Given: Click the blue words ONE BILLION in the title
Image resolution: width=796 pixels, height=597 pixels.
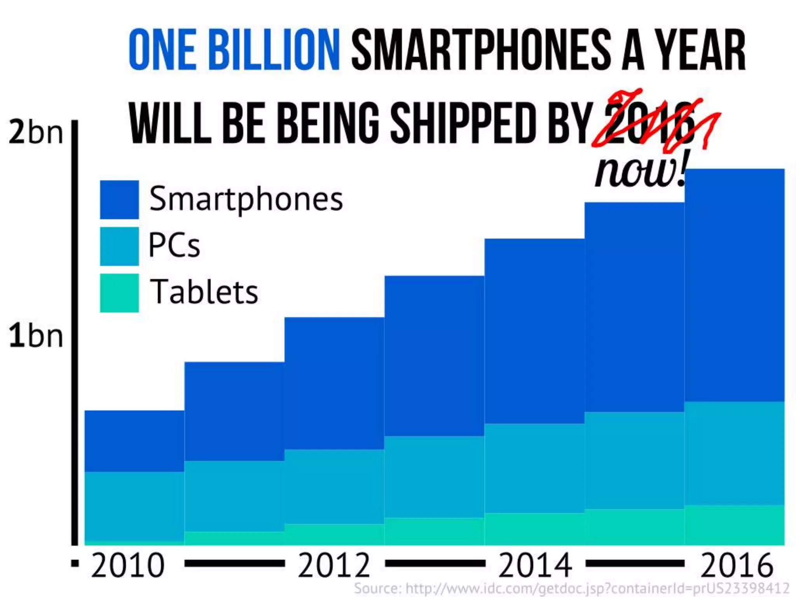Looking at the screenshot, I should click(x=234, y=51).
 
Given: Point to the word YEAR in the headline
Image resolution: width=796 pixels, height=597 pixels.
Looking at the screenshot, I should click(x=700, y=51).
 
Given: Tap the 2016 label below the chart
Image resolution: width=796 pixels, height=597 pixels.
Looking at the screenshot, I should click(x=736, y=565).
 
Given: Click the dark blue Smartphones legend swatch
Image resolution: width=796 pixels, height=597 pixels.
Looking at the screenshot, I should click(x=119, y=199).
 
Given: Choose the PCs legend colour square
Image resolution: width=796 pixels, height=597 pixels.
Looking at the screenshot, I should click(x=119, y=246).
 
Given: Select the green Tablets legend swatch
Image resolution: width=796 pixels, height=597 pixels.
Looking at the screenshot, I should click(x=119, y=293).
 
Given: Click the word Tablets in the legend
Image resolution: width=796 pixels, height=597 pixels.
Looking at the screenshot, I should click(x=204, y=292).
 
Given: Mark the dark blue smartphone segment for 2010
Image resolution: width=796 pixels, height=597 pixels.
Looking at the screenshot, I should click(x=134, y=441).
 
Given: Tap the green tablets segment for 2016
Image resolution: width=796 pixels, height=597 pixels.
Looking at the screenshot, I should click(x=735, y=525).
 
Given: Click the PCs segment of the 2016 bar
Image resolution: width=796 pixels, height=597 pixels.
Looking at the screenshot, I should click(x=735, y=453).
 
